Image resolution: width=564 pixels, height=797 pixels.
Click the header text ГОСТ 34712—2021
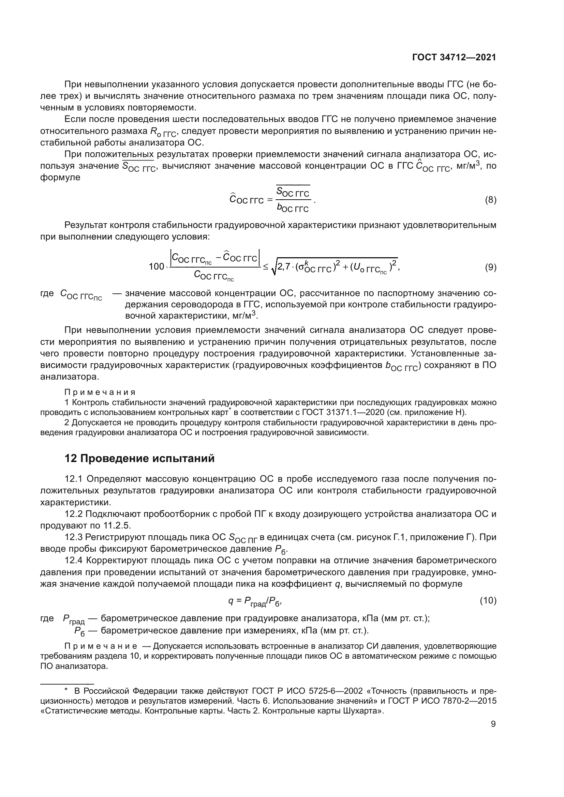tap(454, 58)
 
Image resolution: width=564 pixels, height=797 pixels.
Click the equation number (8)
tap(490, 200)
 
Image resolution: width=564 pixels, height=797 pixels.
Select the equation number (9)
tap(490, 267)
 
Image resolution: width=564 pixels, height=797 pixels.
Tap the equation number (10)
tap(488, 600)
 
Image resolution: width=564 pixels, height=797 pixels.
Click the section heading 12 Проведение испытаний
tap(139, 459)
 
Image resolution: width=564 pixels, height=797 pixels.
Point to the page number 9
tap(493, 724)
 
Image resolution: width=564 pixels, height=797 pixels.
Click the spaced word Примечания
tap(100, 392)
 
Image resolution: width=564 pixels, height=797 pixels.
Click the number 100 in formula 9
tap(156, 266)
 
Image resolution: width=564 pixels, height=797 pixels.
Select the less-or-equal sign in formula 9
tap(266, 266)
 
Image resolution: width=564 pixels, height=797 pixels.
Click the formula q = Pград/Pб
tap(255, 601)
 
